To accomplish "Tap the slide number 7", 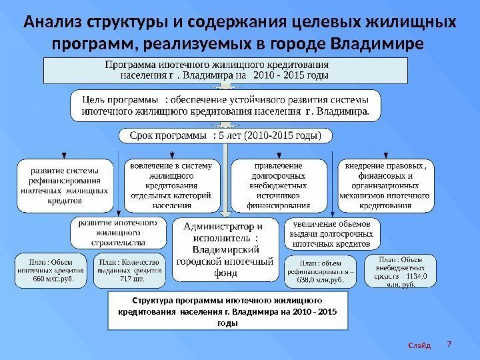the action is (x=449, y=344).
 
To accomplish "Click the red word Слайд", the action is (x=419, y=345).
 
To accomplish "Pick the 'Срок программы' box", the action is (x=225, y=137).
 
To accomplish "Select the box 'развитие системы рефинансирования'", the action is (x=65, y=185).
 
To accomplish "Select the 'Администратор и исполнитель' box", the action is (x=225, y=249).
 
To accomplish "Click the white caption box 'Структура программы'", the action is (x=228, y=311).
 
